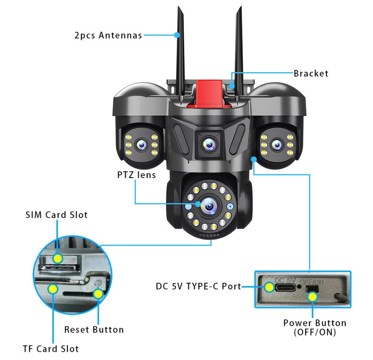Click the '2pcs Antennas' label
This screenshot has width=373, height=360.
click(x=108, y=35)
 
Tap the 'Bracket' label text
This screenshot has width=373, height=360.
click(x=311, y=73)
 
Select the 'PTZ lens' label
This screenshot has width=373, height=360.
click(x=136, y=175)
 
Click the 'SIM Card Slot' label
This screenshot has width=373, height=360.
click(x=57, y=215)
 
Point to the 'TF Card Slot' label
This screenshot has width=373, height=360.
click(x=51, y=349)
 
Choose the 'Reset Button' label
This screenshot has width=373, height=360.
click(x=94, y=329)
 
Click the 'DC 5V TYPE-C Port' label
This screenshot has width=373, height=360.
click(x=198, y=286)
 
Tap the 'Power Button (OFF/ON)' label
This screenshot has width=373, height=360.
click(x=315, y=327)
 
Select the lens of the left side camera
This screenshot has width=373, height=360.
click(x=141, y=145)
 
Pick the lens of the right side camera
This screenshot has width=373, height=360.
click(x=277, y=145)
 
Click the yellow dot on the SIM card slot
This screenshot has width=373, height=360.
click(x=58, y=258)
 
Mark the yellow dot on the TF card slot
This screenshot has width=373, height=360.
click(x=52, y=289)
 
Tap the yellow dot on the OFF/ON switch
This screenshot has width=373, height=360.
click(x=313, y=296)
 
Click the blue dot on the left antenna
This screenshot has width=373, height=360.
click(x=177, y=35)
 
